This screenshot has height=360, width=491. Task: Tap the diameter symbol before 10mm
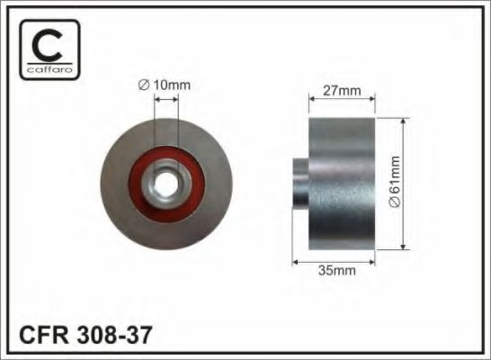[143, 85]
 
